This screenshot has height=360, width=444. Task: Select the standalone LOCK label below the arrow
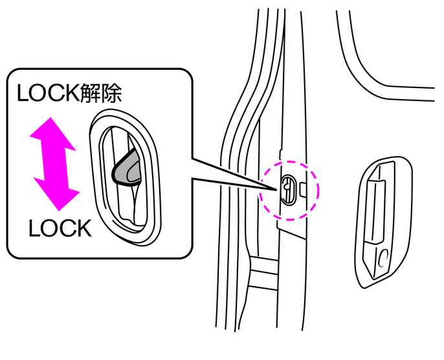pos(60,228)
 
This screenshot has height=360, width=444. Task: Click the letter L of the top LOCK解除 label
pos(22,93)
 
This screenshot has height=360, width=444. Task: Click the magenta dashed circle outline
pos(290,163)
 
